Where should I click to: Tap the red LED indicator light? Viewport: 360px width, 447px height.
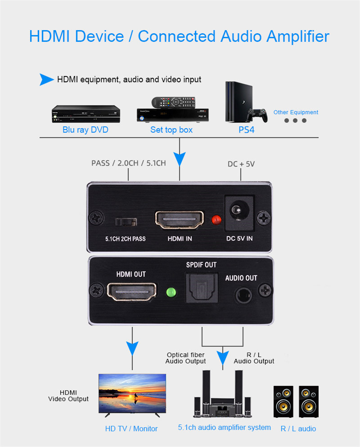216,220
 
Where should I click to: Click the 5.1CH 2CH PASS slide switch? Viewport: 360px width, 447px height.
126,222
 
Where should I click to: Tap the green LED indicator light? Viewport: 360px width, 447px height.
171,291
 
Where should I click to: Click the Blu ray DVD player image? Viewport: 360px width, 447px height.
86,114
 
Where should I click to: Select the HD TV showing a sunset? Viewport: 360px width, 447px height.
132,393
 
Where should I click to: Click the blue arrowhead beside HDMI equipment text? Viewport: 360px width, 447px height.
46,80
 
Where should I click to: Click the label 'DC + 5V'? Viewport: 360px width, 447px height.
241,164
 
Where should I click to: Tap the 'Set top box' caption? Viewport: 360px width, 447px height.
171,130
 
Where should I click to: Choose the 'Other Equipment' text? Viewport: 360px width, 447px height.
296,112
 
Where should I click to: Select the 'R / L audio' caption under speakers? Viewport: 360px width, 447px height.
298,429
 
